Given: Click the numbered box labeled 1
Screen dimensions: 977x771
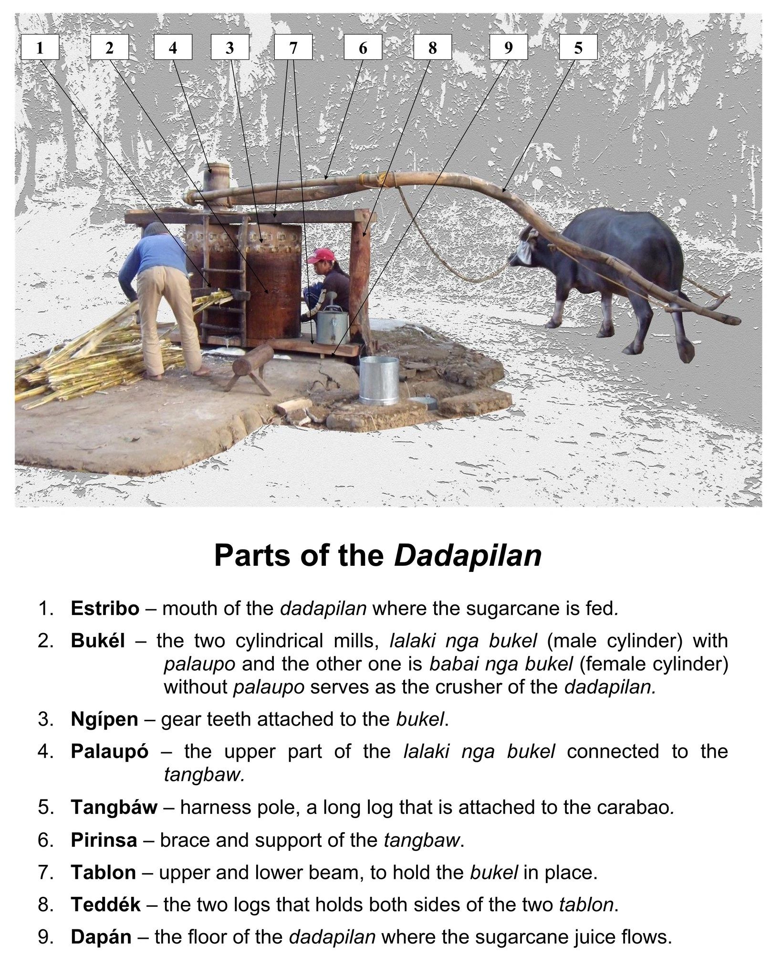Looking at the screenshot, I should pos(40,48).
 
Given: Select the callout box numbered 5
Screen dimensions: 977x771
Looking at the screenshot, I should pos(578,48).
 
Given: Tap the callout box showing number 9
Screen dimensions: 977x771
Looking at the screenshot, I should pos(508,48).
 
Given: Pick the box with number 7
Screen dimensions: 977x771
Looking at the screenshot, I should pos(293,48).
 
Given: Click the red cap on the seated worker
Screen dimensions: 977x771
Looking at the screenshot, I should pos(319,256).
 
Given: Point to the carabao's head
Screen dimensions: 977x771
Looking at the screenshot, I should pos(525,250).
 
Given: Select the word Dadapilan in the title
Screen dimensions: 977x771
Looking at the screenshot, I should pos(468,555).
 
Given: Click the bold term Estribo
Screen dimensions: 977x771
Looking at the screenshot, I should pos(105,608).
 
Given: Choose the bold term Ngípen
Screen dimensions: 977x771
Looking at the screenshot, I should pos(104,719).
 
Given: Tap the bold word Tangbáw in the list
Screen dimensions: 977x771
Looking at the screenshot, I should pos(114,807).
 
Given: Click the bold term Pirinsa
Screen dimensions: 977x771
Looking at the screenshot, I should pos(104,840).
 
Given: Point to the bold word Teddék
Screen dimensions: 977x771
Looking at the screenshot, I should pos(105,904).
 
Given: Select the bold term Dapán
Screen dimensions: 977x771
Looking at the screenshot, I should pos(101,937).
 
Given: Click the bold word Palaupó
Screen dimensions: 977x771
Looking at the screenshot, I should pos(109,751).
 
